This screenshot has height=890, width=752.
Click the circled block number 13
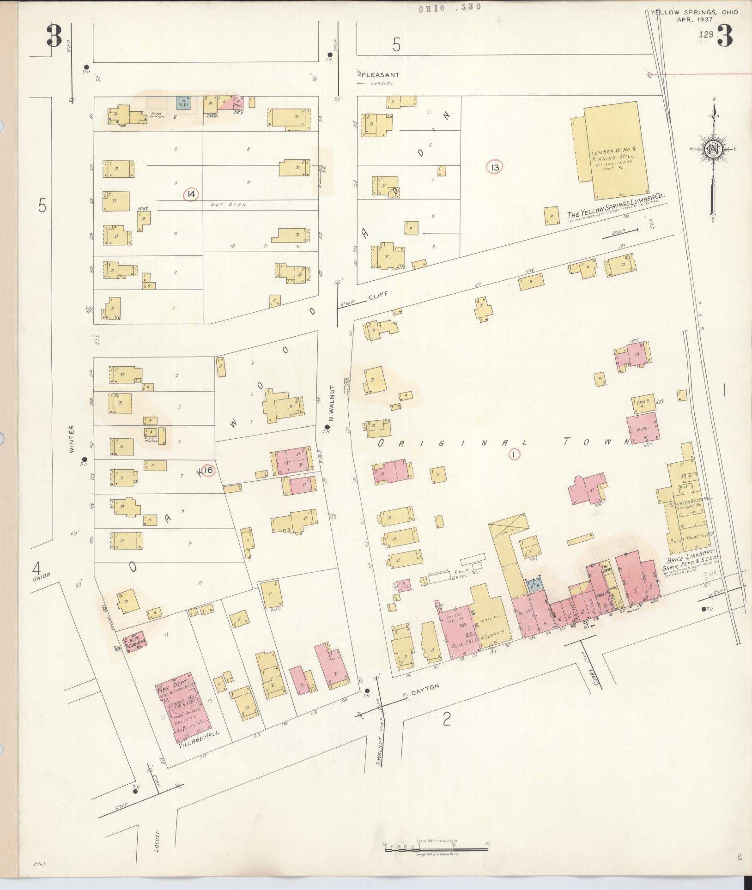495,167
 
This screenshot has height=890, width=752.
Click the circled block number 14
190,194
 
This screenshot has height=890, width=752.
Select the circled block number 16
208,470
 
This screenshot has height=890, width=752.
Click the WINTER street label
72,440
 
